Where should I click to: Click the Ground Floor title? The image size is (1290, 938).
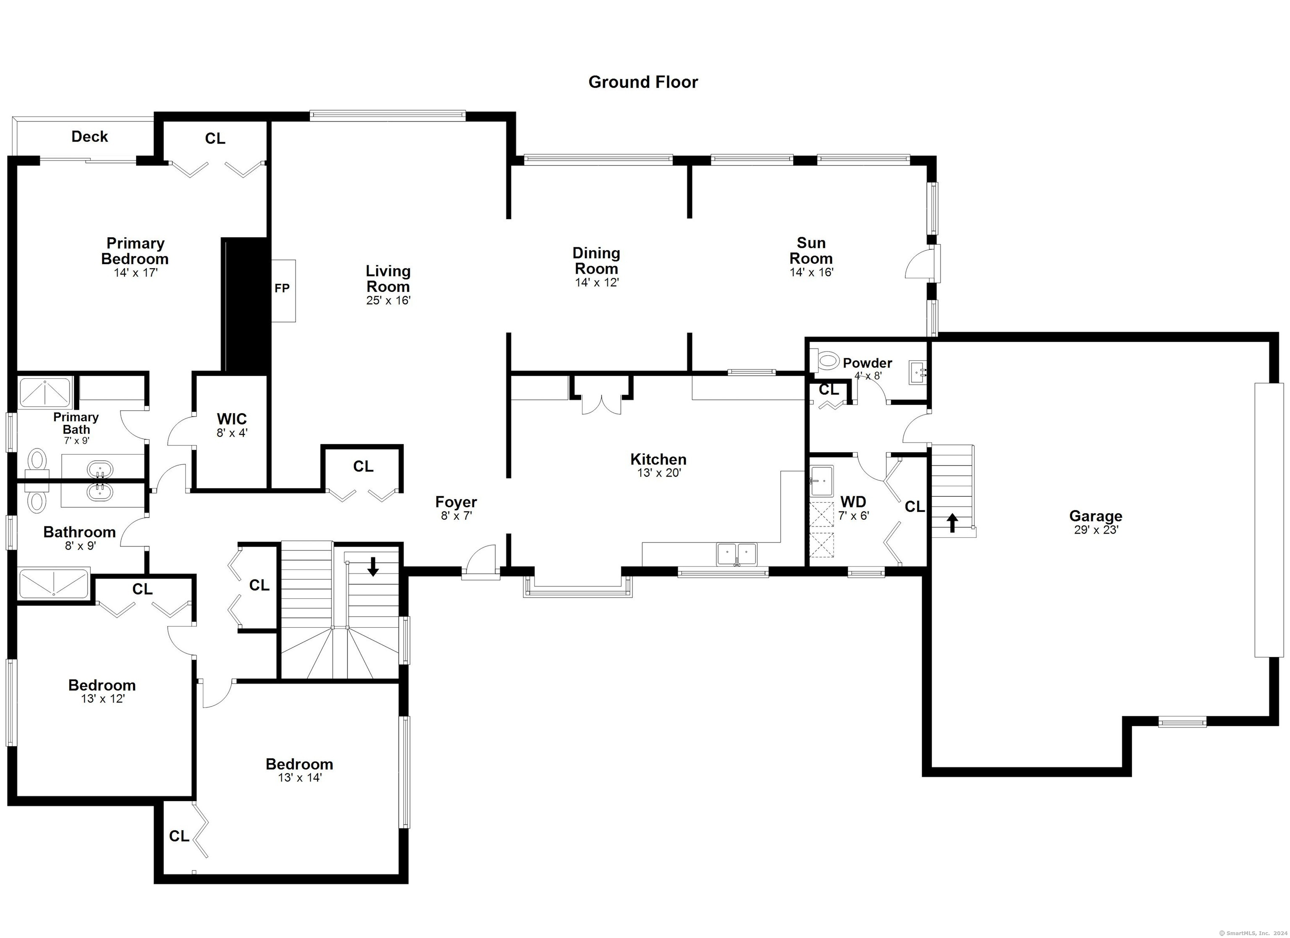[x=643, y=82]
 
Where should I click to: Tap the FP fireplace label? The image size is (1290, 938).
[x=282, y=288]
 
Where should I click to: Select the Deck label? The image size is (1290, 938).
[x=90, y=136]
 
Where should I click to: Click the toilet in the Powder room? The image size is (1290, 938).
[x=824, y=360]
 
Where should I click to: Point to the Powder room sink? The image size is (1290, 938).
[x=917, y=372]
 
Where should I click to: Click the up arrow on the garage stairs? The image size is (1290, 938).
[x=952, y=523]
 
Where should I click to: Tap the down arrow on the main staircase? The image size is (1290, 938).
[x=373, y=566]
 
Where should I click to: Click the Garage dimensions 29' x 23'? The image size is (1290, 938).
[x=1096, y=530]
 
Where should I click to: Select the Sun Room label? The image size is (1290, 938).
[x=811, y=251]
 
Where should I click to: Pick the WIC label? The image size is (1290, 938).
[x=232, y=419]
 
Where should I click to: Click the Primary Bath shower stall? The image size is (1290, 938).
[x=45, y=391]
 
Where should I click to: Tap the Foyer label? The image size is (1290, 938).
[x=456, y=502]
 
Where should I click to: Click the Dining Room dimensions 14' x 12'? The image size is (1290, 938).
[x=597, y=283]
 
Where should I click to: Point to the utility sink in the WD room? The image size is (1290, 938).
[x=822, y=481]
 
